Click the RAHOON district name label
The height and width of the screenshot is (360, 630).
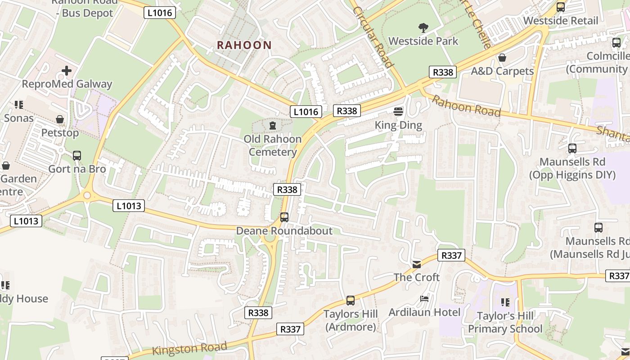click(244, 45)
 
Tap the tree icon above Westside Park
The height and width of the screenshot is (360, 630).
click(423, 28)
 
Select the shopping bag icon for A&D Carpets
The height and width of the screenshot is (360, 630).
click(502, 58)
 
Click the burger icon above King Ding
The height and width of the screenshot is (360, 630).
click(398, 111)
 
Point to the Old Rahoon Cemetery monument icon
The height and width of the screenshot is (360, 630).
click(272, 125)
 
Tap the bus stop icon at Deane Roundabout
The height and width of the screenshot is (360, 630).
click(284, 217)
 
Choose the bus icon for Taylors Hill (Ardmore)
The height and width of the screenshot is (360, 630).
click(350, 301)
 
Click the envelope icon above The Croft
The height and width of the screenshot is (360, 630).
click(417, 264)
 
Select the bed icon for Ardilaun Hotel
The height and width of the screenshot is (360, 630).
click(424, 298)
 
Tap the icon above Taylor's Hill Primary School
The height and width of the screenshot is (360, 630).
click(505, 302)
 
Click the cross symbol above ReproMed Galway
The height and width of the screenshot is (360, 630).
click(67, 71)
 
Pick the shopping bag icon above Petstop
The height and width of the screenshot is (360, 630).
click(59, 119)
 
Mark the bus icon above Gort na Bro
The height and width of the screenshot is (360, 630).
click(77, 156)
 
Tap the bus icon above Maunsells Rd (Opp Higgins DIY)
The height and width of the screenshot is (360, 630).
click(572, 148)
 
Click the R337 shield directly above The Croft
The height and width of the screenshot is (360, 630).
click(451, 256)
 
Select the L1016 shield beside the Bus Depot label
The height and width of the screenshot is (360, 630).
click(160, 13)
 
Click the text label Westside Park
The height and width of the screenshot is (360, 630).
click(423, 41)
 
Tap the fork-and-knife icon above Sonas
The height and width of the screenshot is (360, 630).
click(18, 105)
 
